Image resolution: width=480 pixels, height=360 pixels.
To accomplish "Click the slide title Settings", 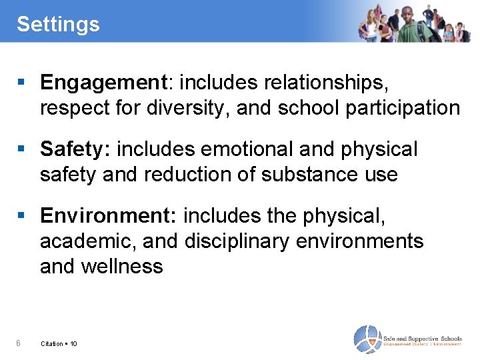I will tap(58, 25).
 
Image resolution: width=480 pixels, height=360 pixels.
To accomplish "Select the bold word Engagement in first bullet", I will tap(103, 83).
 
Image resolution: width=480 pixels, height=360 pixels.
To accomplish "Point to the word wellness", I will tap(122, 266).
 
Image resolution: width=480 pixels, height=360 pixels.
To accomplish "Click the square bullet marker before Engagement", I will tap(22, 83).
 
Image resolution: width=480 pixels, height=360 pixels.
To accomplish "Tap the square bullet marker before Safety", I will tap(22, 150).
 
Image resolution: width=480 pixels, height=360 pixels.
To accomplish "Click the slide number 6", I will tap(19, 343).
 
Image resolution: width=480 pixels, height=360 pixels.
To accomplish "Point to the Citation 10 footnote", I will tap(59, 344).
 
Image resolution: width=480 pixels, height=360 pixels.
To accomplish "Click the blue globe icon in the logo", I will tap(367, 339).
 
